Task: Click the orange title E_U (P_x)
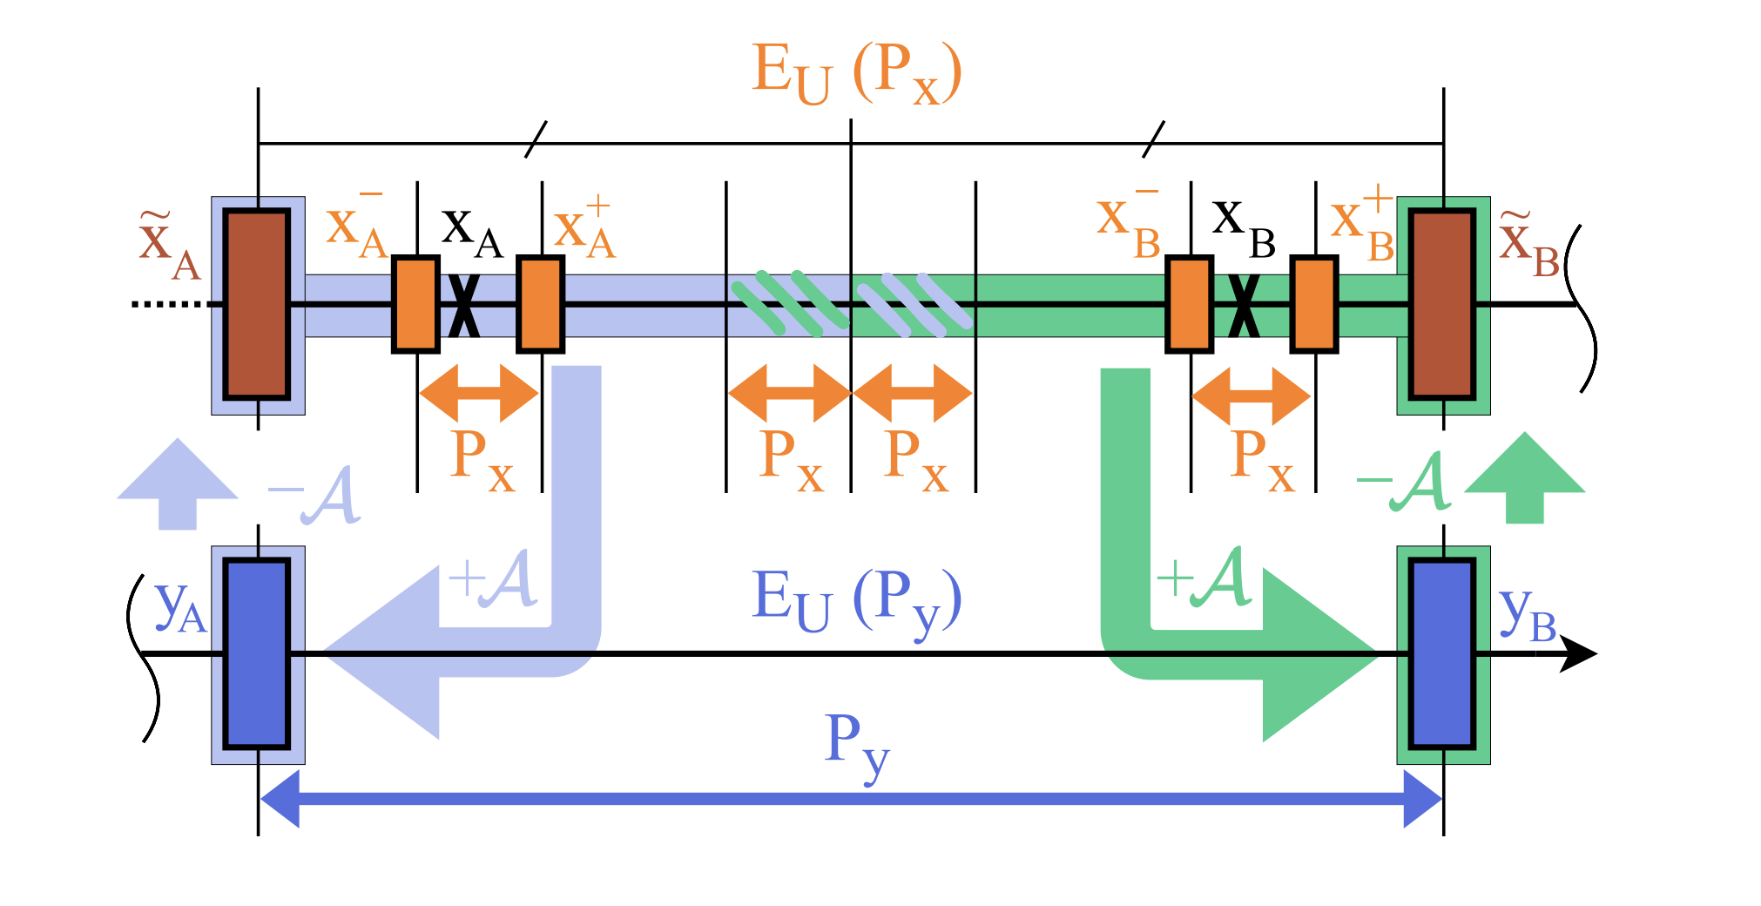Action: pyautogui.click(x=857, y=73)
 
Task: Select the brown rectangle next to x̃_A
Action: pyautogui.click(x=257, y=304)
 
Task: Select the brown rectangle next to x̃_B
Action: pyautogui.click(x=1442, y=304)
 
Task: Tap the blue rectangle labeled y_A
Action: pyautogui.click(x=257, y=653)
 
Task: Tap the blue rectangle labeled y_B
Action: pyautogui.click(x=1442, y=653)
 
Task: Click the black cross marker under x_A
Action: pyautogui.click(x=464, y=305)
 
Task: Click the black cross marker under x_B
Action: pyautogui.click(x=1244, y=305)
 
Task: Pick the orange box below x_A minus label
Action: pyautogui.click(x=415, y=304)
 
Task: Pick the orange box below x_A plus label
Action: pyautogui.click(x=540, y=304)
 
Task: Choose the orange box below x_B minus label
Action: pyautogui.click(x=1189, y=304)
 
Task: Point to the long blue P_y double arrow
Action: pyautogui.click(x=851, y=798)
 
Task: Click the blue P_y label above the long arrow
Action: pyautogui.click(x=857, y=745)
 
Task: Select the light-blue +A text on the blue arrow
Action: pyautogui.click(x=492, y=578)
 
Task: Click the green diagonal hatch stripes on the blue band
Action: pyautogui.click(x=788, y=303)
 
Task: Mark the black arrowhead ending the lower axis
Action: pyautogui.click(x=1578, y=653)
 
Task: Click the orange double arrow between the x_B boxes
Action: pyautogui.click(x=1252, y=396)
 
